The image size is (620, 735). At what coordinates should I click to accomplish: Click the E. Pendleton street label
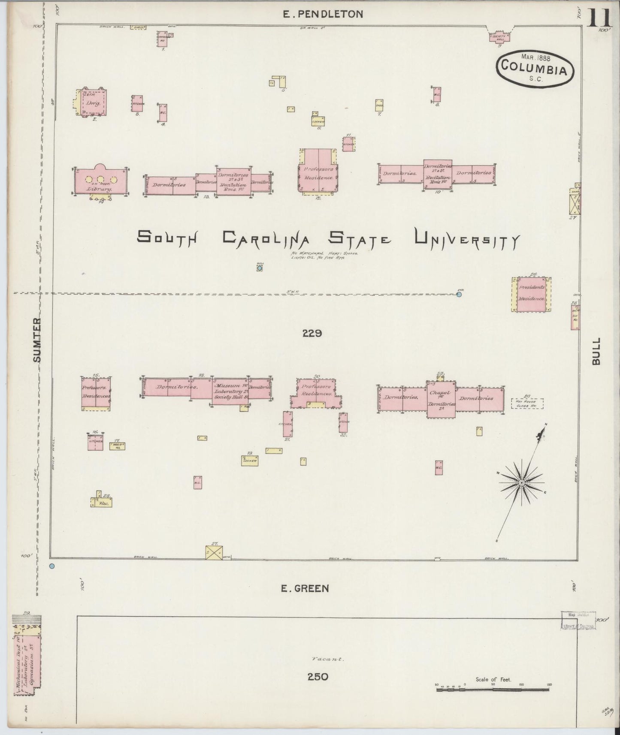pos(322,14)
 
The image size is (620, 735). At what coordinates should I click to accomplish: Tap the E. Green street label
pos(305,589)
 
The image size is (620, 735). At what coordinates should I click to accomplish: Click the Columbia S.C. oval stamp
pos(535,67)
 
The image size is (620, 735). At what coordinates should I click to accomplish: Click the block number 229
pos(312,333)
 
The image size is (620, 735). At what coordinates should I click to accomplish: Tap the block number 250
pos(318,677)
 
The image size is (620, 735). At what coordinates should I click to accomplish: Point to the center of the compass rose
pos(521,482)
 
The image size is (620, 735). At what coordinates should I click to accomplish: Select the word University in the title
pos(466,239)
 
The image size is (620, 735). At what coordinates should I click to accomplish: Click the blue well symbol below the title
pos(260,268)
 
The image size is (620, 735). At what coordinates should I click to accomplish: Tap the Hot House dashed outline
pos(527,404)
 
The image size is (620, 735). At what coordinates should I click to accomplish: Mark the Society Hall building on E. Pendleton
pos(499,37)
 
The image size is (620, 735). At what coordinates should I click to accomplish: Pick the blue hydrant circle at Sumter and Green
pos(52,566)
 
